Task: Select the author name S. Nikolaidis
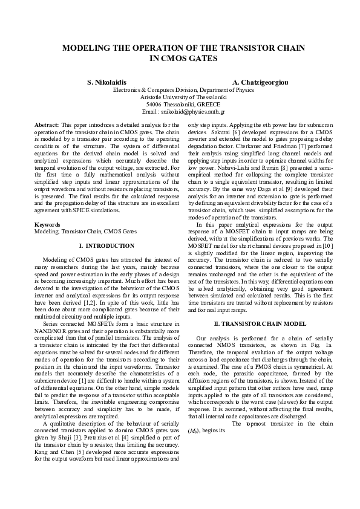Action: [x=107, y=81]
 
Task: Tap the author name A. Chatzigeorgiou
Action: [x=259, y=81]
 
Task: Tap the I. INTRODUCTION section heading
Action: [x=106, y=246]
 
